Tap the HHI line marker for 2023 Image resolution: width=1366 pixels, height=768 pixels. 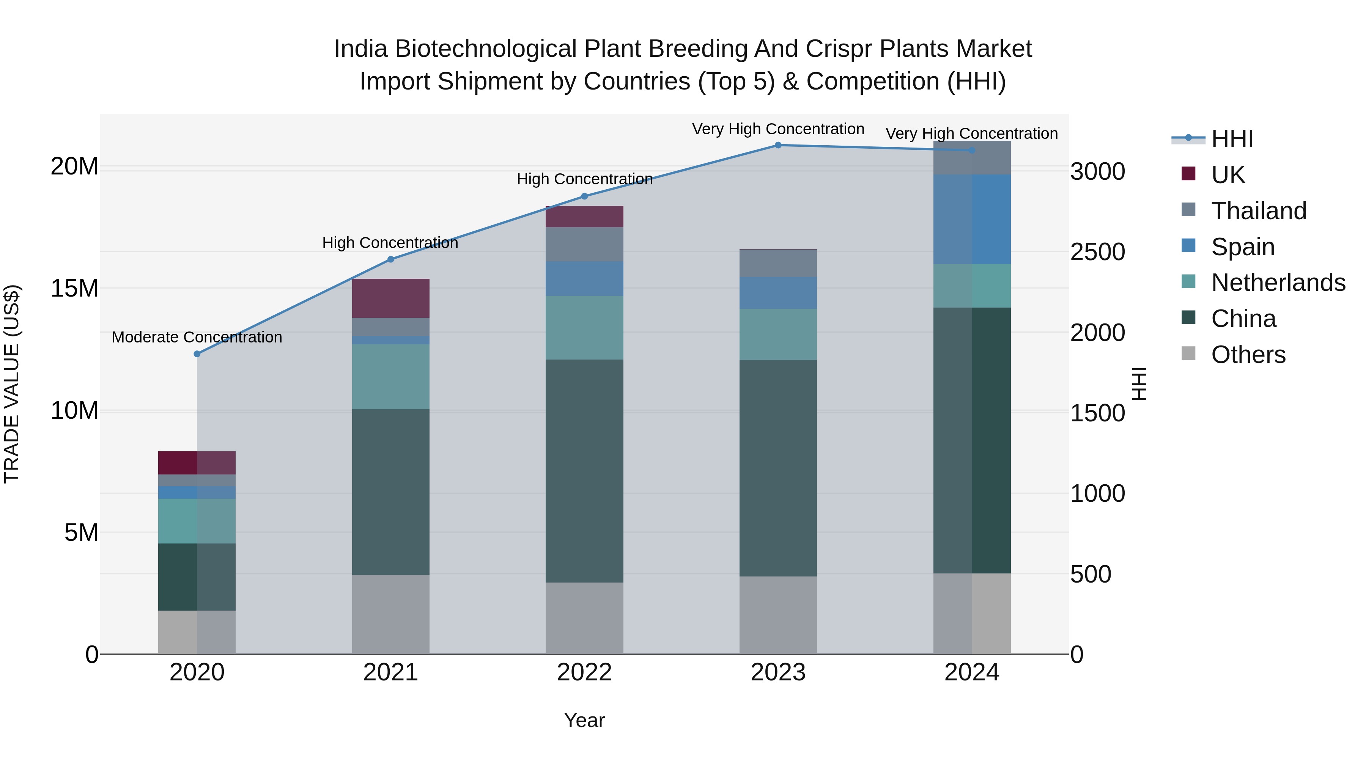click(x=778, y=145)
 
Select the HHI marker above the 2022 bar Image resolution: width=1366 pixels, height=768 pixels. click(x=584, y=196)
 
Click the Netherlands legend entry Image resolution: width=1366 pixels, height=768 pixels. click(x=1278, y=283)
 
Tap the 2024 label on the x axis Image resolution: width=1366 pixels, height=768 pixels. click(x=971, y=672)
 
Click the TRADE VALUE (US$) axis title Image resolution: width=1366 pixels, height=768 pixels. click(x=12, y=384)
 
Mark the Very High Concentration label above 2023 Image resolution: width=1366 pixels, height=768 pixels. click(x=778, y=129)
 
